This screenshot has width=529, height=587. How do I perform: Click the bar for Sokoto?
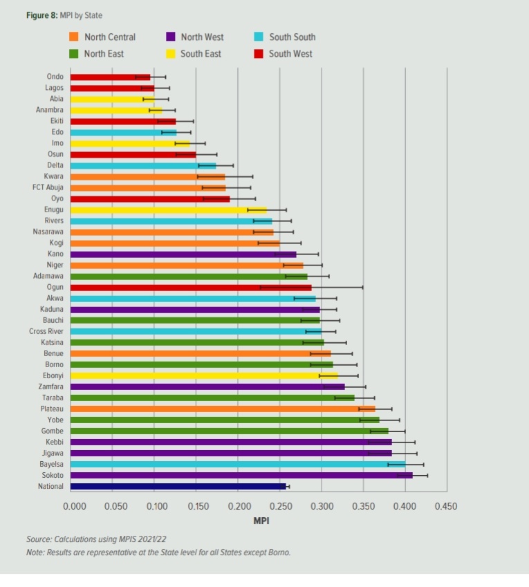[241, 475]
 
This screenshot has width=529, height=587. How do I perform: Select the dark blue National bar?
[178, 486]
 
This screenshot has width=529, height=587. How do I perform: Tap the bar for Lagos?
[112, 88]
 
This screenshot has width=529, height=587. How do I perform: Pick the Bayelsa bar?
[238, 464]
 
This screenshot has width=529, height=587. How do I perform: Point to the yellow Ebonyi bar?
[145, 375]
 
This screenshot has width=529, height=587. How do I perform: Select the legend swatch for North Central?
[74, 37]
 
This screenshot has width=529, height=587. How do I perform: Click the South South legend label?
[292, 37]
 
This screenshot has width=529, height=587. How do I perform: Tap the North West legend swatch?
[170, 37]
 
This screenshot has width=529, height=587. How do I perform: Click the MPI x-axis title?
[261, 521]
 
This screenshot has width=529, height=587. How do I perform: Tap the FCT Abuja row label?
[48, 187]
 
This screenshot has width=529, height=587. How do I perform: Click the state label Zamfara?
[50, 386]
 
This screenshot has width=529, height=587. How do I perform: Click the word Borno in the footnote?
[280, 552]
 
